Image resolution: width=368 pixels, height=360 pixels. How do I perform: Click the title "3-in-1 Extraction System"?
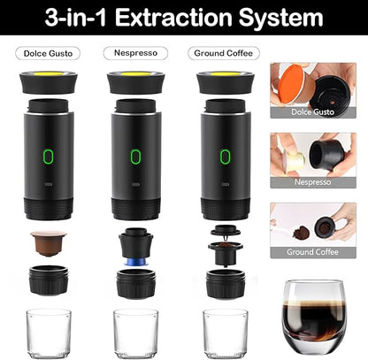pyautogui.click(x=184, y=17)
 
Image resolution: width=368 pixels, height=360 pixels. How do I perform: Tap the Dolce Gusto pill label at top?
pyautogui.click(x=47, y=53)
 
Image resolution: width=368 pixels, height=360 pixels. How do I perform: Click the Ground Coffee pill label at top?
pyautogui.click(x=224, y=53)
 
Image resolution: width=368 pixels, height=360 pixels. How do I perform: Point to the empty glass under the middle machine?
pyautogui.click(x=135, y=332)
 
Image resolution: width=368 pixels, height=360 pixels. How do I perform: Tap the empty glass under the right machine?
pyautogui.click(x=224, y=332)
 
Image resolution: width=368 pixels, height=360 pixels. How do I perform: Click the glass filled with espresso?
pyautogui.click(x=313, y=318)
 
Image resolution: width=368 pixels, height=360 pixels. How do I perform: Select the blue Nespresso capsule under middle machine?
pyautogui.click(x=134, y=262)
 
